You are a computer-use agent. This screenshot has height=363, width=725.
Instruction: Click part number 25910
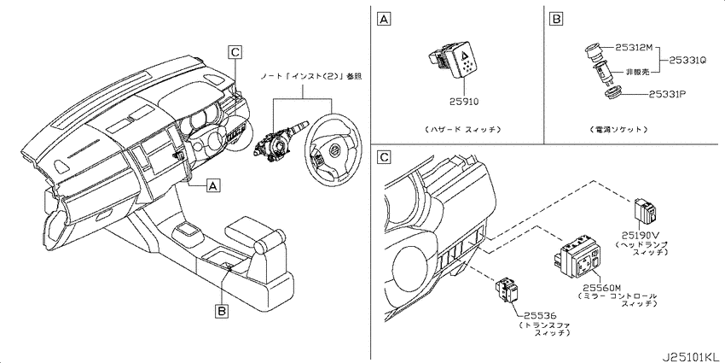click(464, 102)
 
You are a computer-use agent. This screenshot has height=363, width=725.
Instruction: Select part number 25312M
click(634, 47)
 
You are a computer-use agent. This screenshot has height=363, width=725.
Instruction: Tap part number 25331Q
click(687, 60)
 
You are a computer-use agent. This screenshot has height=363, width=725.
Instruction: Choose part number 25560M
click(599, 288)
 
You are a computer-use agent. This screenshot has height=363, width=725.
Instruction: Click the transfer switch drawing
click(507, 289)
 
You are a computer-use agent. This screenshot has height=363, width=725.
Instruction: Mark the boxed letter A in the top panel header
click(383, 19)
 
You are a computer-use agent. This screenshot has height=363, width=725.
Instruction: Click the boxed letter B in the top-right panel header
click(555, 19)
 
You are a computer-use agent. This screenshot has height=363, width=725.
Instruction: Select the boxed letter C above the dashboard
click(235, 52)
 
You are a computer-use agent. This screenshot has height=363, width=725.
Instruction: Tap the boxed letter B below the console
click(222, 312)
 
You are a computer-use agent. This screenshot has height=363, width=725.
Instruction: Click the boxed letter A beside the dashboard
click(212, 186)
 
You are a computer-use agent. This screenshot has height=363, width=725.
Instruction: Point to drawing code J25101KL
click(692, 357)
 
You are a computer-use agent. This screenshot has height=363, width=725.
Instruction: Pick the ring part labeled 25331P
click(612, 95)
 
